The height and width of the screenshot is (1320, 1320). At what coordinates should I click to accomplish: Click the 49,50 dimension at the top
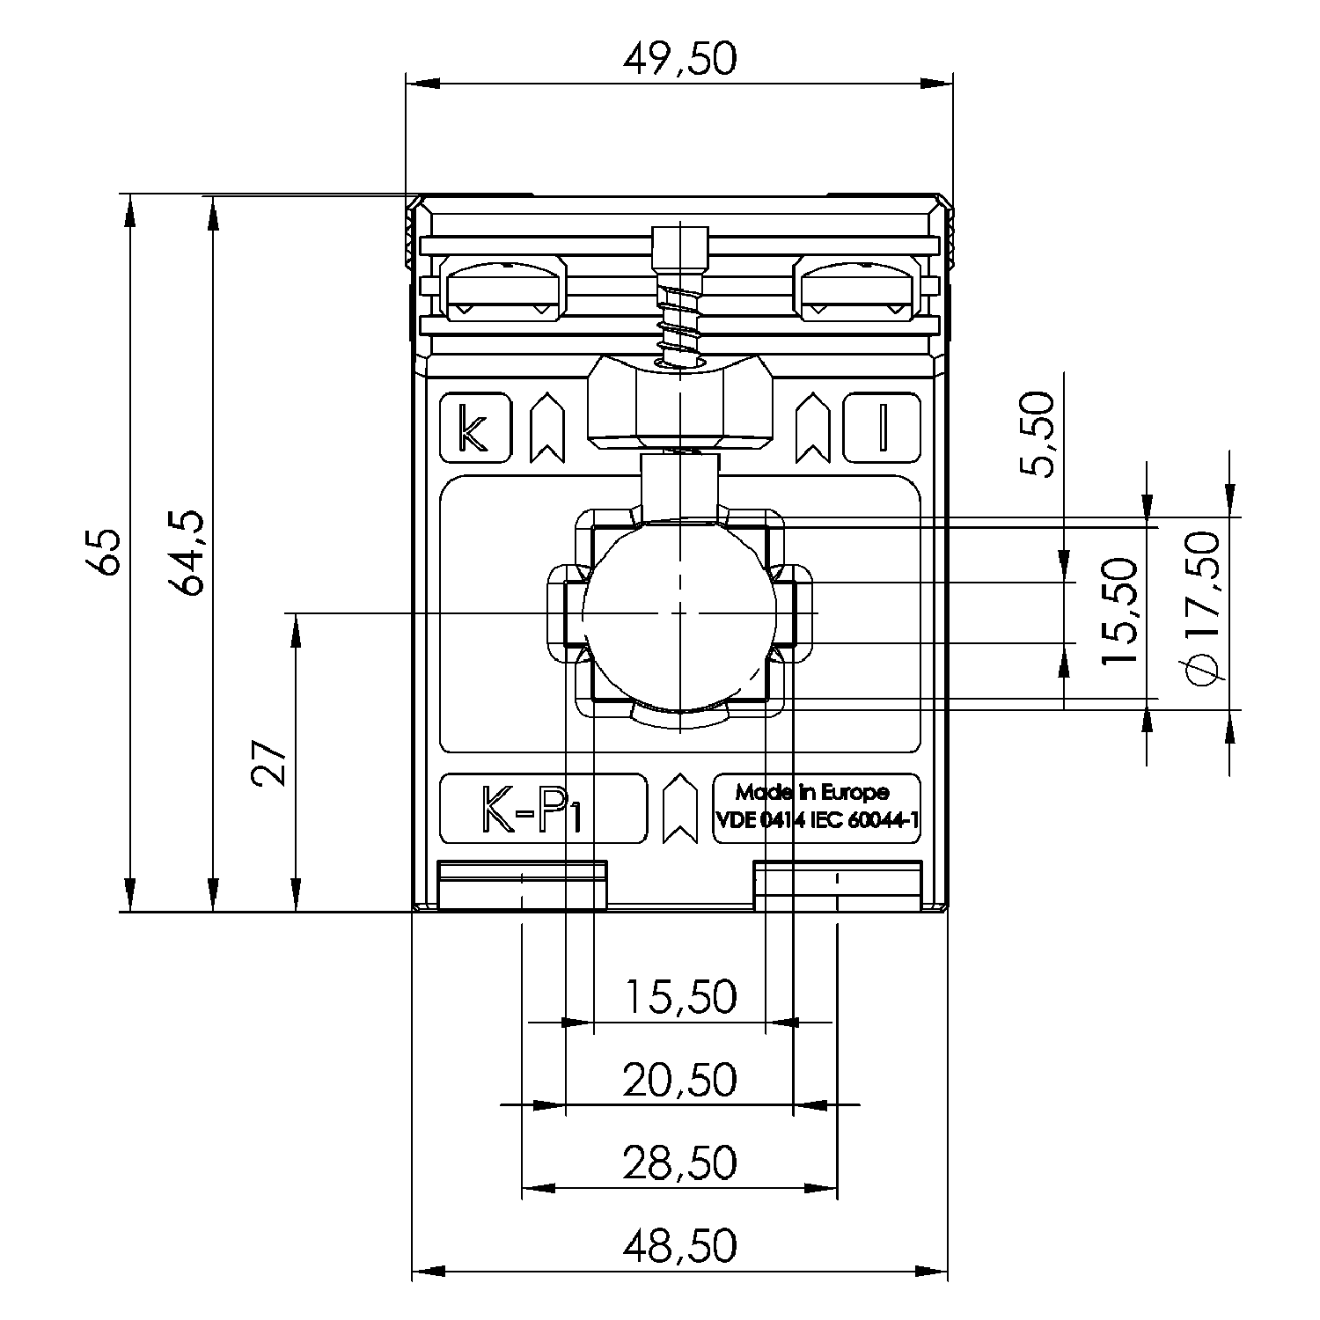click(x=678, y=59)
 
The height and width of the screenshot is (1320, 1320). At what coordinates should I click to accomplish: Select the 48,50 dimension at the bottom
click(x=679, y=1245)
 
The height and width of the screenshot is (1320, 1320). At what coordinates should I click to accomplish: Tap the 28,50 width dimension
click(x=679, y=1163)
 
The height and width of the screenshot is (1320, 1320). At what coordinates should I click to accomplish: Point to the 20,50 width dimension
click(x=679, y=1080)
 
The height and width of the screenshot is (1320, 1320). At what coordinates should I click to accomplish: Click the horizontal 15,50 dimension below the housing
click(x=679, y=997)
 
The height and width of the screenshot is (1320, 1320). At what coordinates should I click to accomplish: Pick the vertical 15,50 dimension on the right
click(x=1120, y=612)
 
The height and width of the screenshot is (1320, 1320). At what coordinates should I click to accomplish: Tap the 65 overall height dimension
click(x=106, y=553)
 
